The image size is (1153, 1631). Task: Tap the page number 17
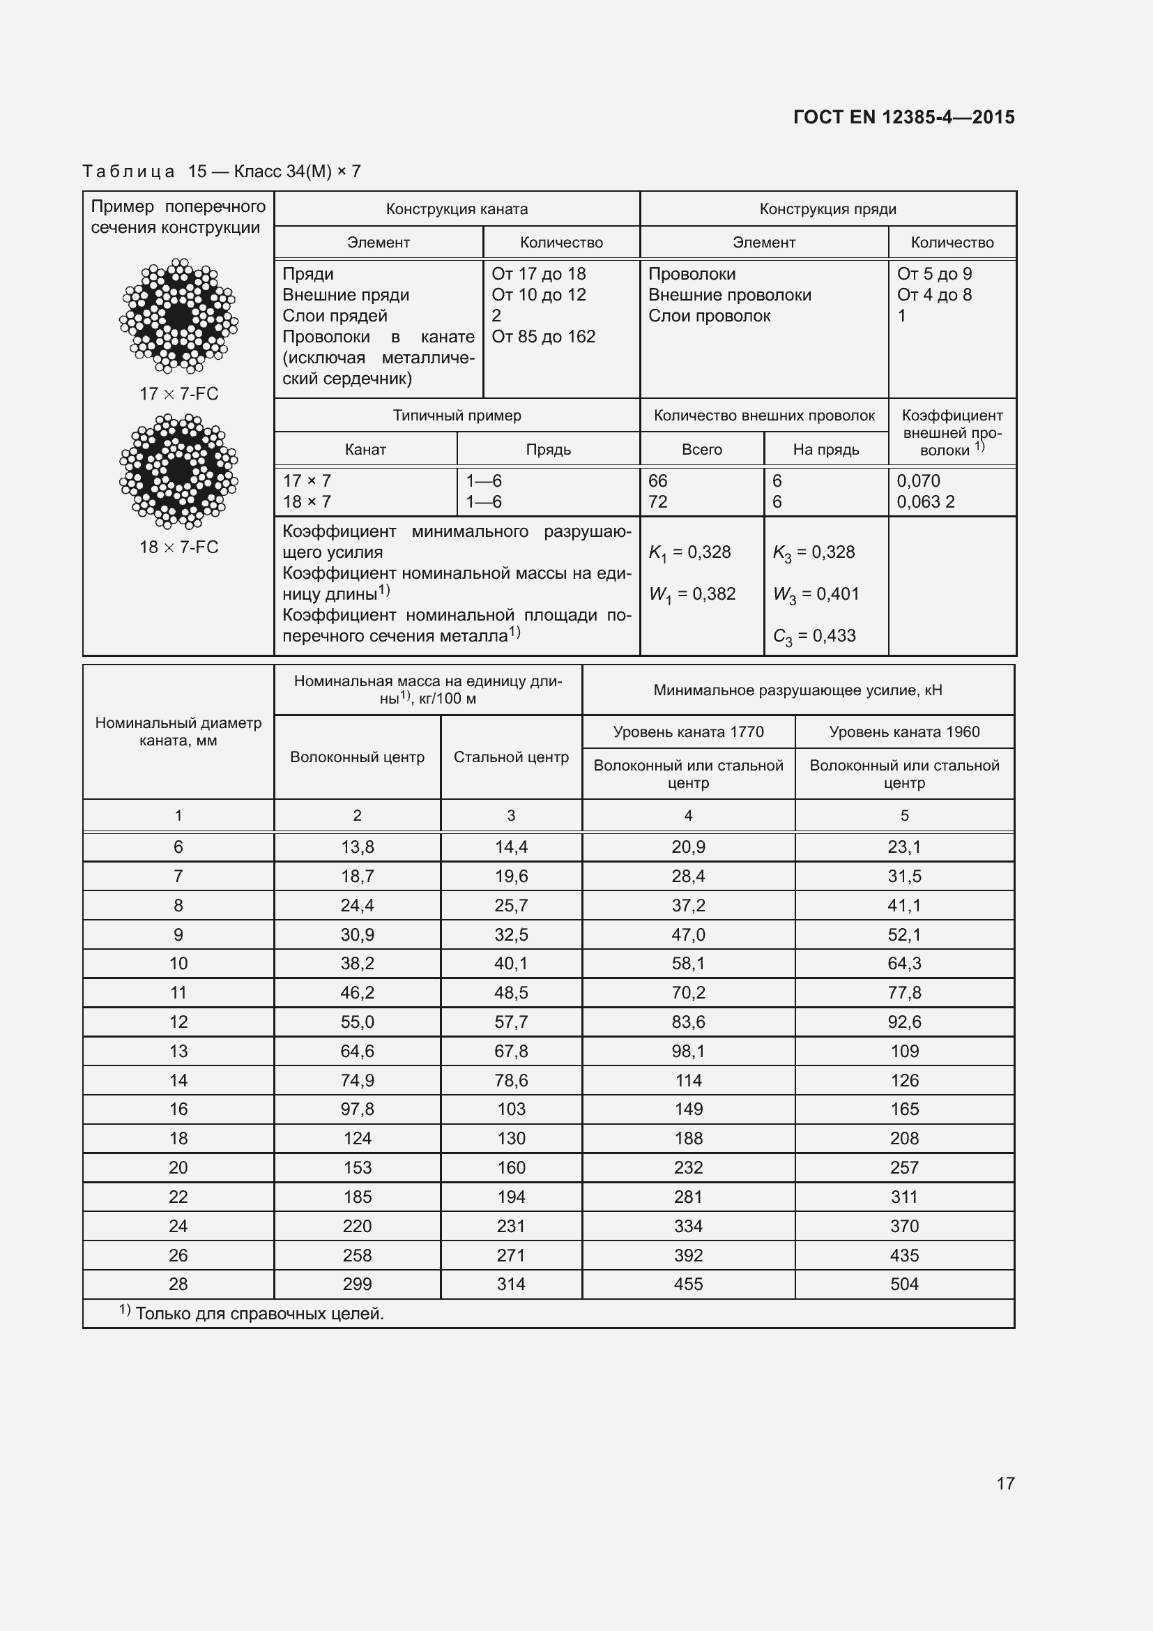pyautogui.click(x=1005, y=1482)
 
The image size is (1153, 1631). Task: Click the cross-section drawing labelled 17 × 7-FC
pyautogui.click(x=178, y=316)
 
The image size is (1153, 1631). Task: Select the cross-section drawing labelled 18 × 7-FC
pyautogui.click(x=178, y=471)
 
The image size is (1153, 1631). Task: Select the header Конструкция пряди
pyautogui.click(x=827, y=209)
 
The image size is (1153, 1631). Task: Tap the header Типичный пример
pyautogui.click(x=457, y=416)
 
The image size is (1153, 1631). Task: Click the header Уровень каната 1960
pyautogui.click(x=904, y=731)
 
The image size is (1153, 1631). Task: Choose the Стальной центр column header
pyautogui.click(x=510, y=757)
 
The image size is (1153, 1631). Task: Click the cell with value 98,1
pyautogui.click(x=687, y=1051)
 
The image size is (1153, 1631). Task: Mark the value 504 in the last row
pyautogui.click(x=904, y=1284)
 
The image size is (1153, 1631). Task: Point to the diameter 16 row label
pyautogui.click(x=178, y=1109)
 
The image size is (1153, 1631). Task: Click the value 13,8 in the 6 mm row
pyautogui.click(x=357, y=847)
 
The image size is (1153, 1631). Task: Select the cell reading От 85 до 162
pyautogui.click(x=543, y=337)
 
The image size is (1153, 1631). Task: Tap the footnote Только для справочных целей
pyautogui.click(x=259, y=1314)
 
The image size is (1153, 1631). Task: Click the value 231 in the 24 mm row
pyautogui.click(x=510, y=1225)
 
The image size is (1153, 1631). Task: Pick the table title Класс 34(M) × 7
pyautogui.click(x=297, y=172)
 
